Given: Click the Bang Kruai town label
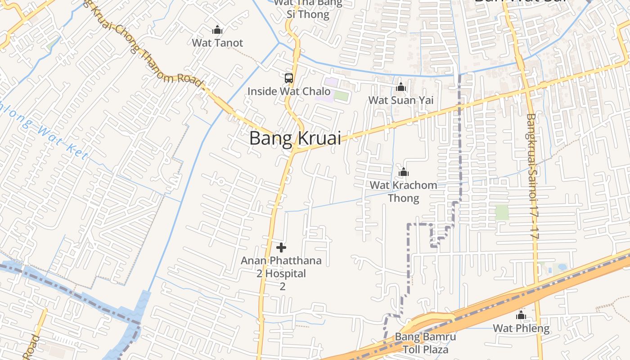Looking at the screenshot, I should tap(295, 138).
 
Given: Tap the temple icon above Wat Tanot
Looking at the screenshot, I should tap(217, 30).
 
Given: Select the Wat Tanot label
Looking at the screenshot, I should tap(217, 43).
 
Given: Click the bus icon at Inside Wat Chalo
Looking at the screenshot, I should tap(289, 78).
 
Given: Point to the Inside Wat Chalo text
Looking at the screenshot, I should tap(289, 91).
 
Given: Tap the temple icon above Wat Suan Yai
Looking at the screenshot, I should tap(401, 87).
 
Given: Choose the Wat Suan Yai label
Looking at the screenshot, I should tap(401, 100).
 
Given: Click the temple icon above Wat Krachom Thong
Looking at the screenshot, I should tap(404, 172).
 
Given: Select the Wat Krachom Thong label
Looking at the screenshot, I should tap(404, 191).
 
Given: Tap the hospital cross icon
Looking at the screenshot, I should tap(281, 247).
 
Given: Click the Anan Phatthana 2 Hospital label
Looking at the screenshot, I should tap(281, 273).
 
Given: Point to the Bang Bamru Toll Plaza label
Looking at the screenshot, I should tap(425, 343).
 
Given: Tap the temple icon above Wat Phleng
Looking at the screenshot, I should tap(521, 315).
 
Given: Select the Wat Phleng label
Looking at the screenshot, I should tap(521, 328).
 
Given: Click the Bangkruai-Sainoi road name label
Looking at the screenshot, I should tap(532, 175).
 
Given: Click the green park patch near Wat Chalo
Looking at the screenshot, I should tap(342, 96).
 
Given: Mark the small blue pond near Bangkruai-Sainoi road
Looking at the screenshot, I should tap(562, 267).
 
